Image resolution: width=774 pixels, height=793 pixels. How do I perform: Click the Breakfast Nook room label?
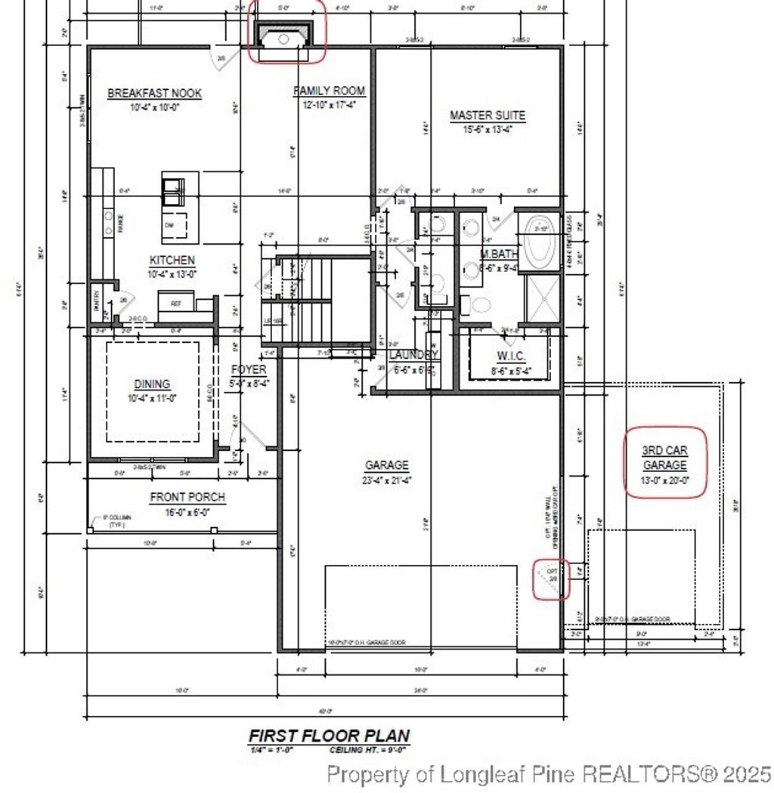(x=154, y=94)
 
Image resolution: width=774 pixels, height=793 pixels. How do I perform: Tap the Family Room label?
(x=329, y=91)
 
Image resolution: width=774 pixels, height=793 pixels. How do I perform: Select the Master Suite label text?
(x=487, y=116)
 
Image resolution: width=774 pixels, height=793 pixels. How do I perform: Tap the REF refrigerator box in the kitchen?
(x=176, y=303)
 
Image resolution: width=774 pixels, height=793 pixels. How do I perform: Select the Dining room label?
(x=152, y=384)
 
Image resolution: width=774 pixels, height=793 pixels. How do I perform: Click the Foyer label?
(x=249, y=369)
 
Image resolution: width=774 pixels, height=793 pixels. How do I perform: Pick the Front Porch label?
(x=187, y=498)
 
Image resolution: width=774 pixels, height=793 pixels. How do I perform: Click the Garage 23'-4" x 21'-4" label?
(x=386, y=466)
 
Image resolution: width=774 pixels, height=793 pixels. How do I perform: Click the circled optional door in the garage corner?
(x=551, y=579)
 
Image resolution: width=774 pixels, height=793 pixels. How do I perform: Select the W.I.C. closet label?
(x=511, y=356)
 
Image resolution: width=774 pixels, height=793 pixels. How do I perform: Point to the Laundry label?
(x=413, y=355)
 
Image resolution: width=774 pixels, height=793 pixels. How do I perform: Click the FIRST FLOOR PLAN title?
(x=330, y=736)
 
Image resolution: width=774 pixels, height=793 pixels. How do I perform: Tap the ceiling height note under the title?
(x=368, y=751)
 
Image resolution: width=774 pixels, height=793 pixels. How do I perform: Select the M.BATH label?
(x=498, y=254)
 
